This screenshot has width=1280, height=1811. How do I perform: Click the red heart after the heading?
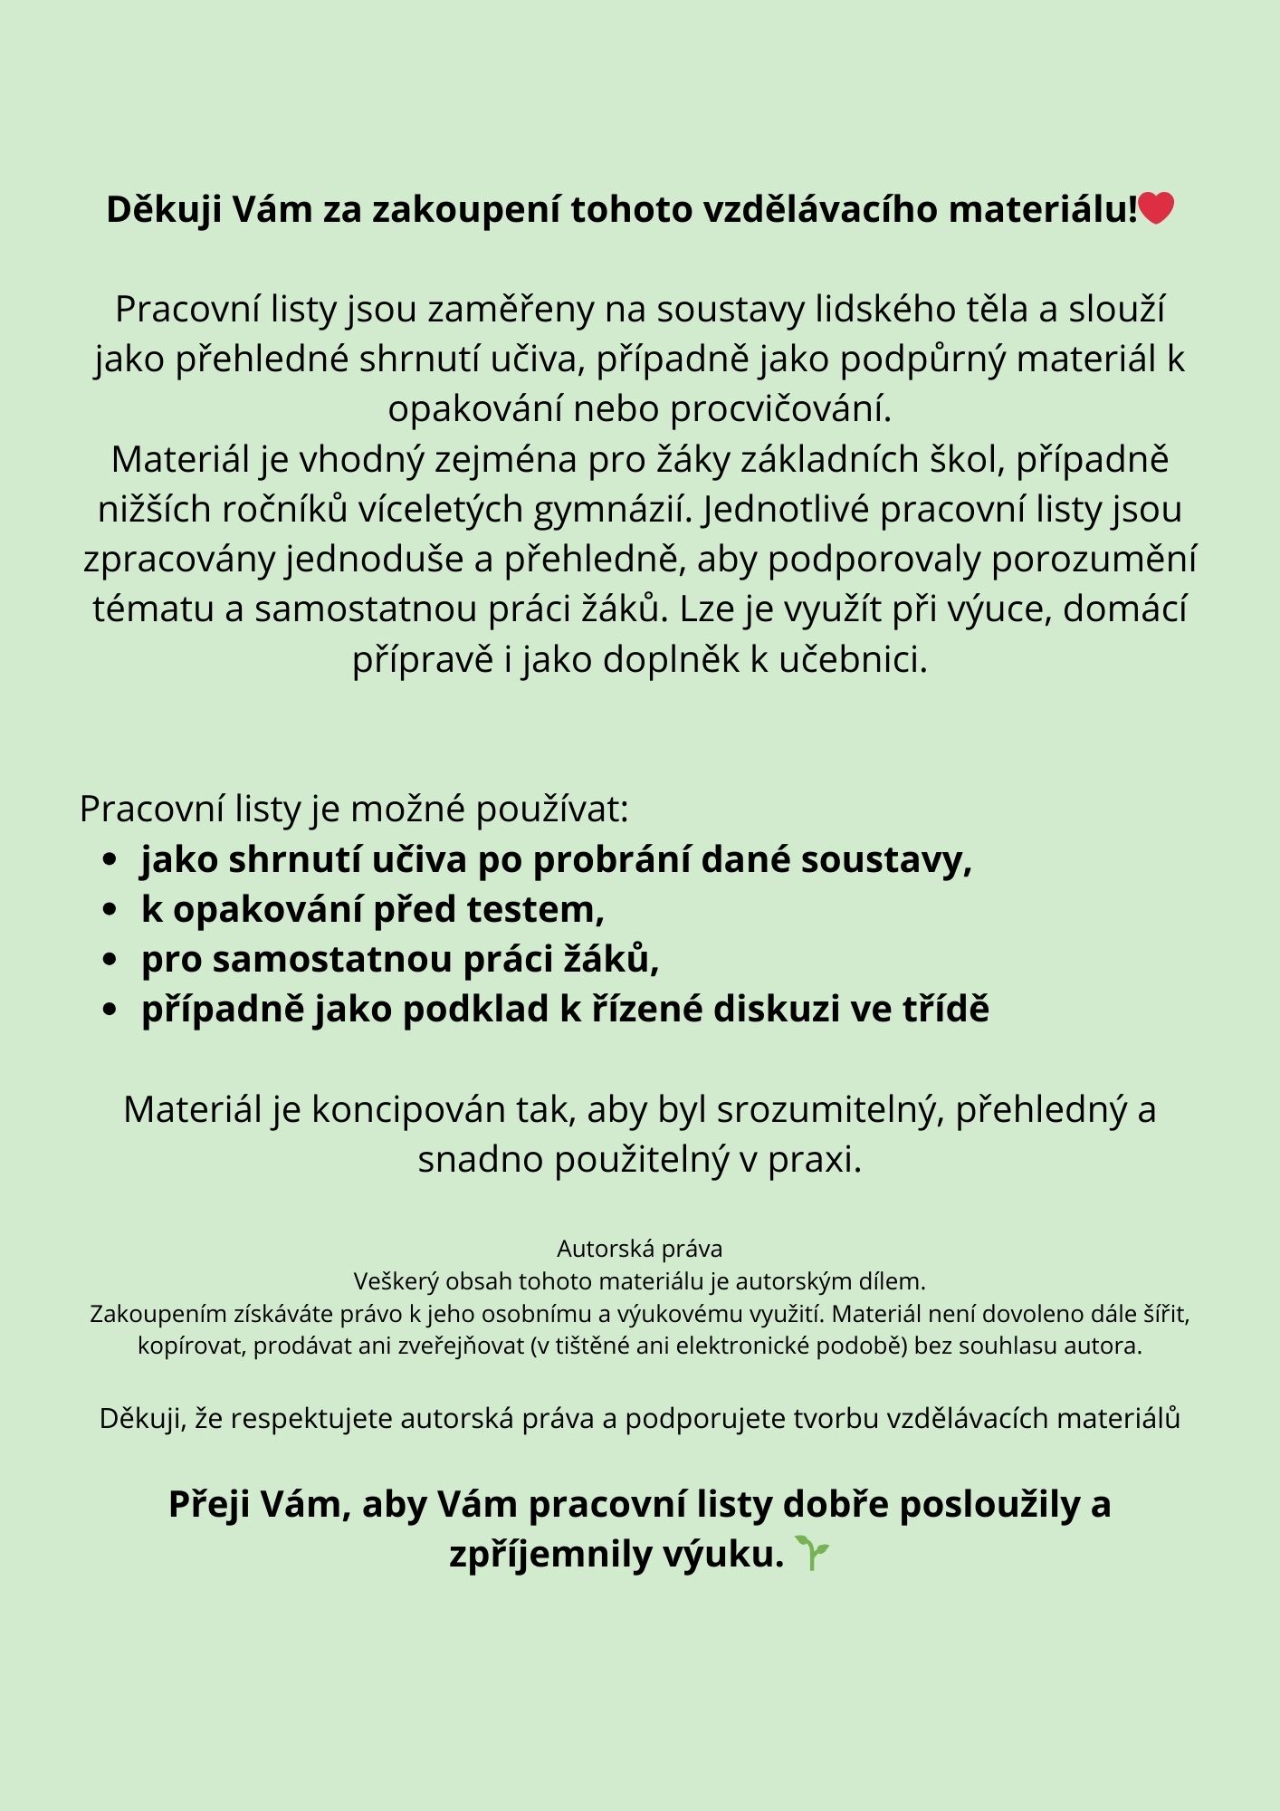coord(1156,208)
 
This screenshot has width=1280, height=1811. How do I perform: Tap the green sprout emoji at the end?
coord(812,1553)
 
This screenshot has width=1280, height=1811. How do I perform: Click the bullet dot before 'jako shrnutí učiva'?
coord(110,859)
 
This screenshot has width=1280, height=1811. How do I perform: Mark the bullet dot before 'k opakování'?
coord(110,909)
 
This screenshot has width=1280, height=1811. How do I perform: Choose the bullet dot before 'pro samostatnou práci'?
coord(110,959)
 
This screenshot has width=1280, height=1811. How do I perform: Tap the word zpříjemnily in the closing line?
coord(551,1554)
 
